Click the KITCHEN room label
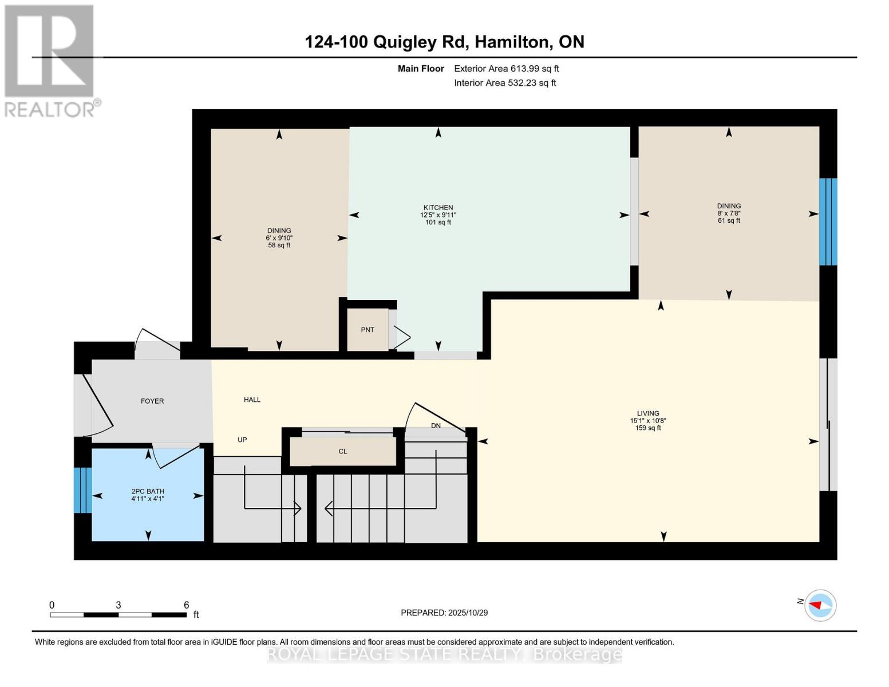(438, 208)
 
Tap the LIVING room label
(648, 413)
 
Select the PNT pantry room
(368, 330)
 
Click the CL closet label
(343, 452)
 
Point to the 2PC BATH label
(148, 491)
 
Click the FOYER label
(152, 401)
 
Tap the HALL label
(252, 400)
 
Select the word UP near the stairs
(242, 440)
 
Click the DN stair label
(436, 425)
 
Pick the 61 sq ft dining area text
(729, 220)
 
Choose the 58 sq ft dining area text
(279, 245)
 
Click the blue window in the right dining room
(828, 222)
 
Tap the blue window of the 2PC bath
(82, 490)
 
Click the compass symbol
(820, 605)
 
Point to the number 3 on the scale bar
(118, 605)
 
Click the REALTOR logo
(50, 60)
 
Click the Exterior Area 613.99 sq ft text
(506, 69)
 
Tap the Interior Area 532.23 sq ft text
(505, 83)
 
